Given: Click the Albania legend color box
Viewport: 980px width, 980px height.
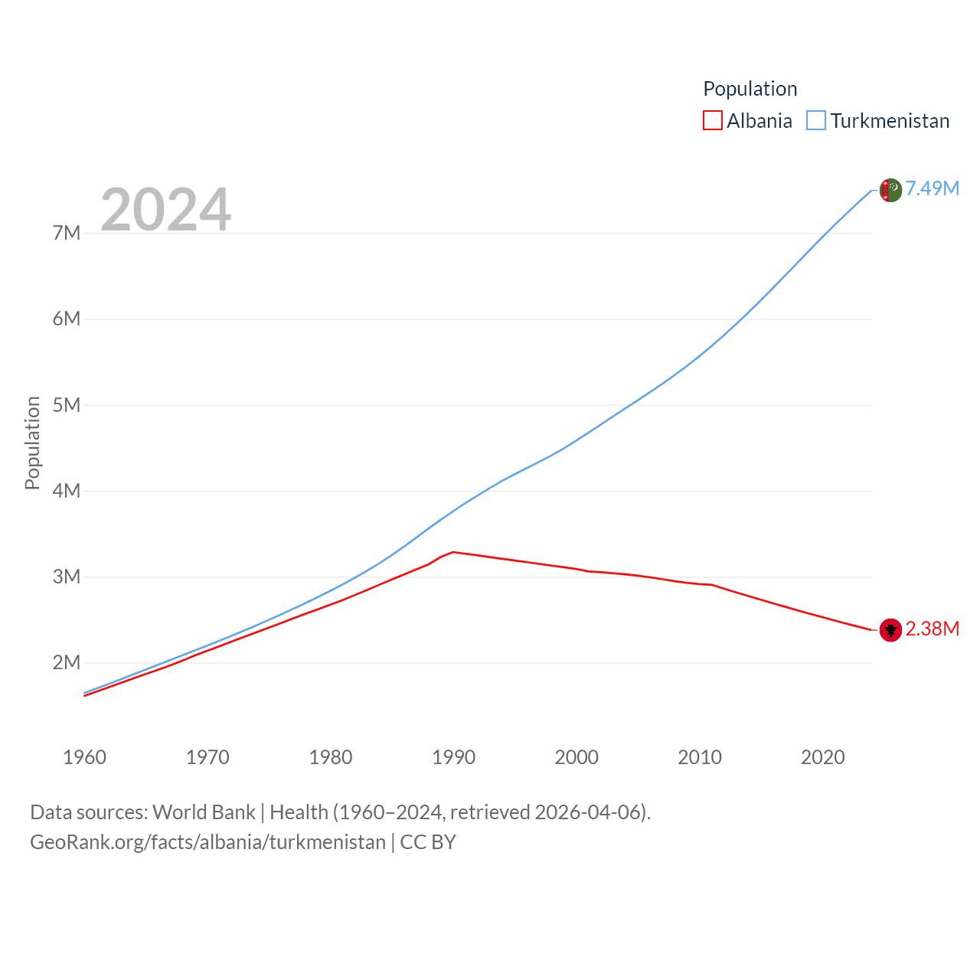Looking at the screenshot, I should (x=712, y=121).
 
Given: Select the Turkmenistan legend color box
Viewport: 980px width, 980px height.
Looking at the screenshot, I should (x=816, y=121).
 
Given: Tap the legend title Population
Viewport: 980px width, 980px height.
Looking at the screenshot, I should (x=750, y=89).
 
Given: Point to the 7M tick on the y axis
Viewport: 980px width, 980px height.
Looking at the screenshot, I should (x=67, y=233).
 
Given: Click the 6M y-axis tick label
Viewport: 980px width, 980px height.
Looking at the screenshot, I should (x=67, y=318).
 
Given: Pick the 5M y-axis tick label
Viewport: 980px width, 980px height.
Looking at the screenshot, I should (x=67, y=405).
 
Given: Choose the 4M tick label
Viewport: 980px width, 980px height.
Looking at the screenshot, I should (x=67, y=491).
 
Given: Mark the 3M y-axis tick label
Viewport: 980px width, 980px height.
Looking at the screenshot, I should (x=67, y=577).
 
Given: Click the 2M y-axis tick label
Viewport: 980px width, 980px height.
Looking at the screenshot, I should (x=67, y=662).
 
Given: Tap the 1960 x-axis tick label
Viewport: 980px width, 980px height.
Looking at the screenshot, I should (x=84, y=757).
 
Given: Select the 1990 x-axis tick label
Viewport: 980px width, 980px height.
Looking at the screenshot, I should (x=453, y=757).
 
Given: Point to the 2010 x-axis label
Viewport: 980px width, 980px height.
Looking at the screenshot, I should (x=700, y=757).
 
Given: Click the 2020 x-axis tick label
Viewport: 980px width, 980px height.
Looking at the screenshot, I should (x=822, y=757).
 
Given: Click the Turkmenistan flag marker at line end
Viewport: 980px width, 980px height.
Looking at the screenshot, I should (x=890, y=190).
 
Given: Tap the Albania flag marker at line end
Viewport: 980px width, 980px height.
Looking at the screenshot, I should (x=890, y=630).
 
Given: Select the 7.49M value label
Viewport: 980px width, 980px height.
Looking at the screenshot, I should (x=933, y=188).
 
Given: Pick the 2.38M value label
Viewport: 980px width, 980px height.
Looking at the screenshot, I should (x=933, y=629).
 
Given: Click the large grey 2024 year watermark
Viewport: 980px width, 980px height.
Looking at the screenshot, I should (x=165, y=209).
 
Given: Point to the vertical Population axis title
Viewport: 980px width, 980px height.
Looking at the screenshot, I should (x=32, y=443).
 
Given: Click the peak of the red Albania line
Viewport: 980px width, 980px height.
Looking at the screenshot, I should (x=453, y=551).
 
